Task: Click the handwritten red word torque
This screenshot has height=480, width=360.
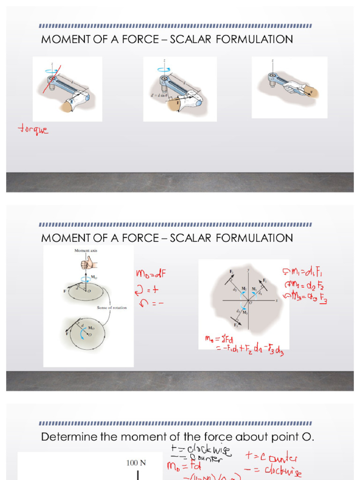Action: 33,129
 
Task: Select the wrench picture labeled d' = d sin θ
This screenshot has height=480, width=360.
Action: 180,89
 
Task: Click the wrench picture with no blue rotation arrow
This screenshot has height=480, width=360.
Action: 289,87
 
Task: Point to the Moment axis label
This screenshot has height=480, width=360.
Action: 86,251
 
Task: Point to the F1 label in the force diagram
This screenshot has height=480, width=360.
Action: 265,280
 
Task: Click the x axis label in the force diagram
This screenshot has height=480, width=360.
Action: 277,301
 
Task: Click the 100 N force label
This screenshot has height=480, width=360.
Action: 136,463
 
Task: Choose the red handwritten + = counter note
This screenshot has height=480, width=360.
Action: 271,456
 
